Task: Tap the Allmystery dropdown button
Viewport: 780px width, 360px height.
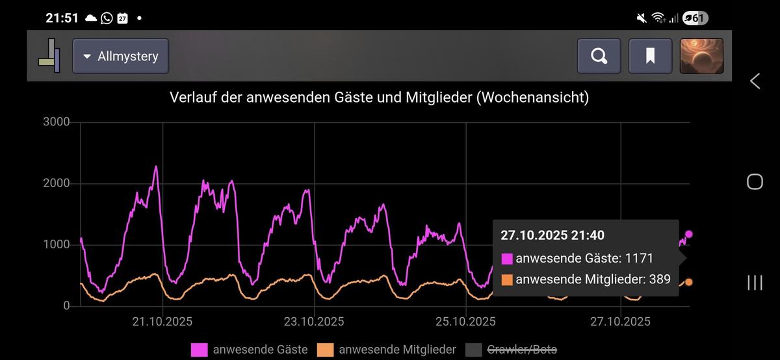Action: [120, 56]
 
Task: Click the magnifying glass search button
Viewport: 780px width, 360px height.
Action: [599, 56]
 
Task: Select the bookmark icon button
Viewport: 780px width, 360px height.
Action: [650, 56]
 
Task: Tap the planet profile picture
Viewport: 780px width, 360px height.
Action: [701, 56]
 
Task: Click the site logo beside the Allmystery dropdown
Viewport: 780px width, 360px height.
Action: [49, 56]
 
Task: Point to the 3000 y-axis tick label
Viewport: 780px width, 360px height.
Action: [57, 122]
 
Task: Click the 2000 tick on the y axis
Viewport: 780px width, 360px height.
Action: [57, 184]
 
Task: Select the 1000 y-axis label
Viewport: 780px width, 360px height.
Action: [57, 245]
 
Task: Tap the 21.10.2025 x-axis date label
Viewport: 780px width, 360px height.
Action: [162, 322]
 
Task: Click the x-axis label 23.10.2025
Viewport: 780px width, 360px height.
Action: [315, 322]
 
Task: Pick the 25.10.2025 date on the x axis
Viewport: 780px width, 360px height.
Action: [466, 322]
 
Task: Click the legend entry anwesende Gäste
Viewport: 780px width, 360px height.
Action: [250, 350]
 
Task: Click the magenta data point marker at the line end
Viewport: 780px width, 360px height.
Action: [689, 234]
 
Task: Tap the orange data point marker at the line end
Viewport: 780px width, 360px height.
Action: [689, 282]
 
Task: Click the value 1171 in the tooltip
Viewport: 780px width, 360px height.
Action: [639, 259]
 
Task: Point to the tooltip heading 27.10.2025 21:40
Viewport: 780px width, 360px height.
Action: [552, 235]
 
